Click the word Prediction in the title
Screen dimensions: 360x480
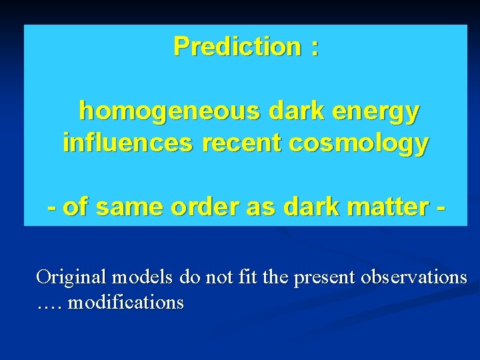coord(237,47)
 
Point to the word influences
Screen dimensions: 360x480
coord(116,143)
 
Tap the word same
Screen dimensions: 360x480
coord(127,207)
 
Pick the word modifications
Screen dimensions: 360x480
coord(126,303)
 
